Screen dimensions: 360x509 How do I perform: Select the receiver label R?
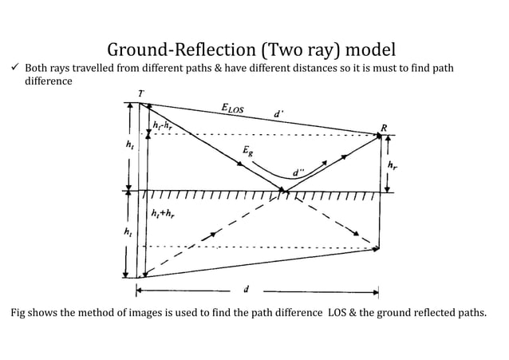(x=385, y=126)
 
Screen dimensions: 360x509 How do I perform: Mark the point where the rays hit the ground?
(x=284, y=192)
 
